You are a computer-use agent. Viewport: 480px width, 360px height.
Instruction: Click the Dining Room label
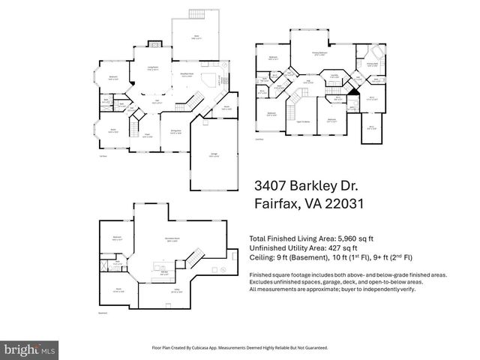point(175,131)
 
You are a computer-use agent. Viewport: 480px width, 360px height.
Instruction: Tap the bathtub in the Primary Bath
point(378,55)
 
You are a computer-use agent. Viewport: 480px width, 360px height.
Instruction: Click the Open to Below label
point(304,121)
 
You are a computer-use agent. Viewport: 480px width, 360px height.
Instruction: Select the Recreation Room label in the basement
point(172,240)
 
